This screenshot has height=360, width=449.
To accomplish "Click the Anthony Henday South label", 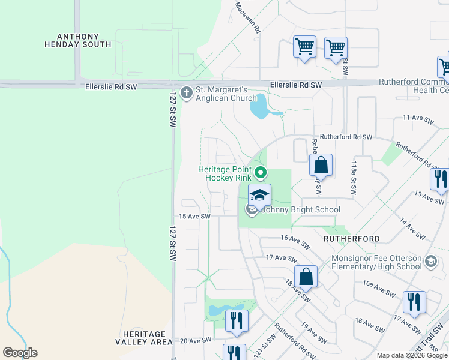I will (x=78, y=40).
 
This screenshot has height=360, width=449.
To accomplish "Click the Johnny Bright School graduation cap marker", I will (x=259, y=196).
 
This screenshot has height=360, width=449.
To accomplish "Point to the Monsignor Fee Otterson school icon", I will (x=430, y=262).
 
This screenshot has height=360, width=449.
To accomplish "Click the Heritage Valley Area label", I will (x=144, y=337).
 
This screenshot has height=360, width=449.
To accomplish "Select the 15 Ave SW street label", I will (x=194, y=216).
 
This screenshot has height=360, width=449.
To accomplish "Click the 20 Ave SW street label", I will (x=196, y=340).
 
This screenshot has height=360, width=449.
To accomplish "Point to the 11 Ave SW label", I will (x=418, y=120).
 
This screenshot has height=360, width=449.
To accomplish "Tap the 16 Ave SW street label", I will (x=295, y=241).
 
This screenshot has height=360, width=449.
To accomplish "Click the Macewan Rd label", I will (x=248, y=17).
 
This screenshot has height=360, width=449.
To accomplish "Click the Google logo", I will (x=20, y=353).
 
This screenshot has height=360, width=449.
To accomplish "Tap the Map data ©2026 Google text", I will (x=412, y=355).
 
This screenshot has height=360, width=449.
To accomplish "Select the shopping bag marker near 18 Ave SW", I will (x=306, y=277).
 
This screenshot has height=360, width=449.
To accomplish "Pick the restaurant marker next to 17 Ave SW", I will (x=414, y=302).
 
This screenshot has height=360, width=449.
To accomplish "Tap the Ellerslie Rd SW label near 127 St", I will (x=111, y=87).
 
